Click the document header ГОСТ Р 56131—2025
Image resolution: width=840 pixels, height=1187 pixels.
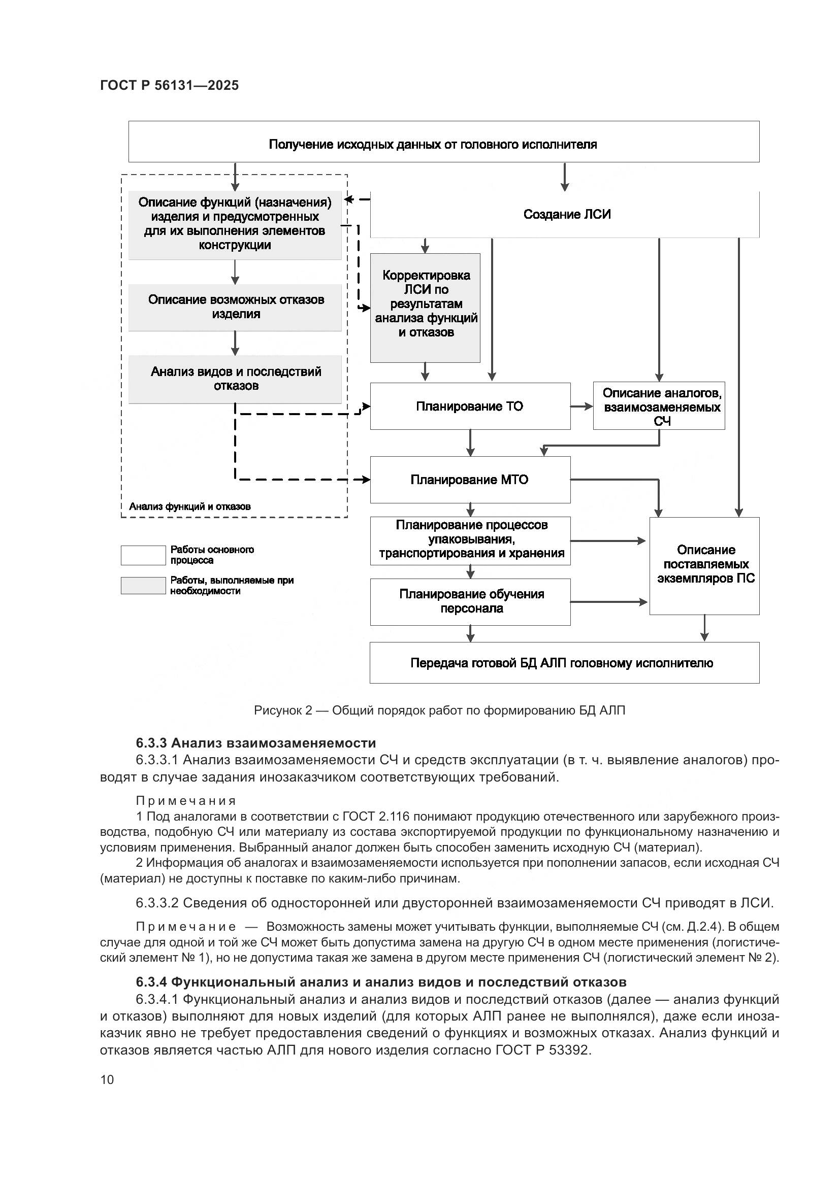point(169,85)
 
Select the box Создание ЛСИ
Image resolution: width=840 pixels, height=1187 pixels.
point(566,214)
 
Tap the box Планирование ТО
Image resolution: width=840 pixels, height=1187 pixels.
point(470,406)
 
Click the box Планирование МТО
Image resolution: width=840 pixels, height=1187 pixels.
point(470,480)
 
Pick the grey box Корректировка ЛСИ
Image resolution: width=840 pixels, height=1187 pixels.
point(425,308)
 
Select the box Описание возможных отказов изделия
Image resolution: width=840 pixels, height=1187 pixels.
point(235,307)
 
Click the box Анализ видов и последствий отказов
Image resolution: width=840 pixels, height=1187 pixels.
point(235,379)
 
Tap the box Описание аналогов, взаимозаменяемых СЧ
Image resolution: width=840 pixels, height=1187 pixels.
point(659,406)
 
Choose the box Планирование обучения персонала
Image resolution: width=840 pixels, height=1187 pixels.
point(470,601)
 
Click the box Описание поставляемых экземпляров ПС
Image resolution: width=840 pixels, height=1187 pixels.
point(704,565)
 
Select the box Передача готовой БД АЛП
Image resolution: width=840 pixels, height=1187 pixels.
point(564,663)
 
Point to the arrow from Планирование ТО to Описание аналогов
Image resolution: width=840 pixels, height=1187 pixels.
point(582,406)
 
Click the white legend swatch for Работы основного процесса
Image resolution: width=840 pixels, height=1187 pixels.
point(143,555)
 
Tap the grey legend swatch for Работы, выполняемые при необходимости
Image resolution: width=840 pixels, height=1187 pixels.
point(143,585)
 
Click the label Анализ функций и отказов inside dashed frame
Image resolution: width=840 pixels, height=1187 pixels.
point(189,506)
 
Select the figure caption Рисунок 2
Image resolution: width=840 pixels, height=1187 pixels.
point(439,711)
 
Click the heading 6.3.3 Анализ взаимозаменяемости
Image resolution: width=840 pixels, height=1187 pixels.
point(255,743)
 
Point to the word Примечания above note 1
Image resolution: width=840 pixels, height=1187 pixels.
point(186,801)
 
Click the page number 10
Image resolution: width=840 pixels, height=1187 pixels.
point(107,1079)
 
